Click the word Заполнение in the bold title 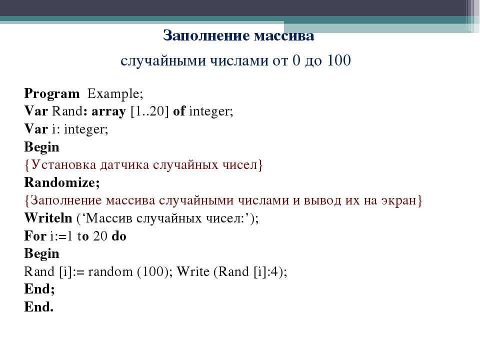tap(206, 35)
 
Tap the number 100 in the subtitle tap(339, 60)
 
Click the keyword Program tap(51, 94)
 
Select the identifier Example tap(115, 94)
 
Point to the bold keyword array tap(108, 111)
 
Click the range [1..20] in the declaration tap(149, 111)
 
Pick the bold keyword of tap(179, 111)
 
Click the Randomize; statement tap(62, 182)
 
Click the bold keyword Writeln tap(48, 218)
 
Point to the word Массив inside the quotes tap(109, 218)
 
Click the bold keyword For tap(35, 236)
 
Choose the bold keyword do tap(119, 236)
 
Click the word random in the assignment tap(110, 272)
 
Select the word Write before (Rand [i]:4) tap(193, 271)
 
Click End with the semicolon tap(39, 289)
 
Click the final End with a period tap(39, 306)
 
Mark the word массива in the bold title tap(284, 35)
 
